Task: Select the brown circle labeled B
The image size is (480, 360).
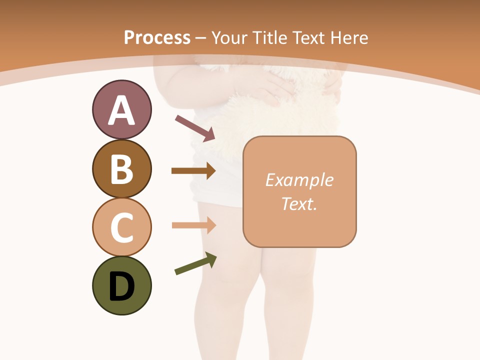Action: pos(121,168)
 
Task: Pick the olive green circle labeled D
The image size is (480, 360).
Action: pos(121,285)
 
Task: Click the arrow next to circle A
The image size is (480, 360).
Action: pos(195,128)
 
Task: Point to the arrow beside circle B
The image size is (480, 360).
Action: pos(193,171)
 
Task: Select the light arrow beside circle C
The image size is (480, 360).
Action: pos(193,225)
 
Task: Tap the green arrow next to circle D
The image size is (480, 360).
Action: pos(195,263)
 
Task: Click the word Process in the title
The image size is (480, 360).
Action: pos(157,37)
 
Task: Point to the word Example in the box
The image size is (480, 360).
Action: pos(299,180)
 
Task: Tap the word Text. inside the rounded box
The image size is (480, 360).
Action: pos(299,203)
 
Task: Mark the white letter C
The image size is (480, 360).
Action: pos(121,228)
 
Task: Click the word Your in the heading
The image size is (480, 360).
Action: pos(228,37)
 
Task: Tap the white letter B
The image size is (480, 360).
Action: pos(121,169)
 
